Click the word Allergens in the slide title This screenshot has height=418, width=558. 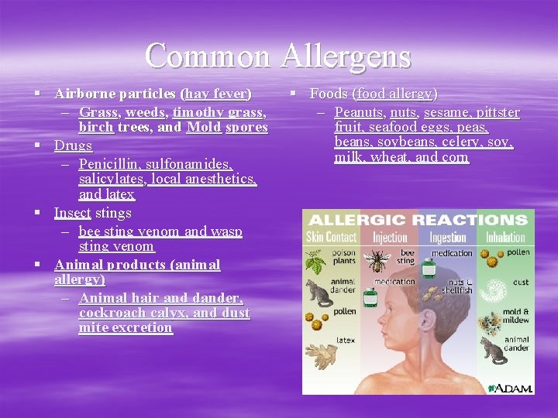[x=346, y=56]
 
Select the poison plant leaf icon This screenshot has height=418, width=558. [x=315, y=263]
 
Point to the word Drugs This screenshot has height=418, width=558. [x=73, y=146]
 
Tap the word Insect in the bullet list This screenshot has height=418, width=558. [x=72, y=213]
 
